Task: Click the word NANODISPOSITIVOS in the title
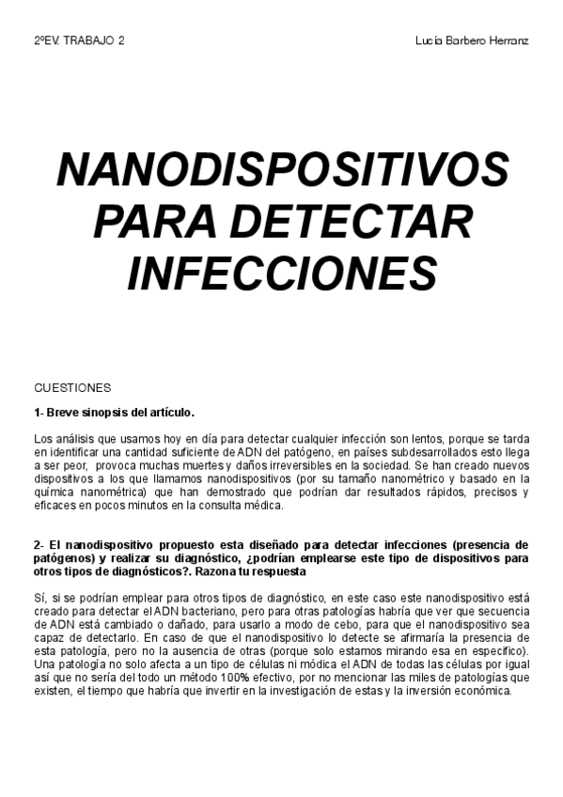(x=283, y=170)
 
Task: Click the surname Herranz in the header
(x=507, y=42)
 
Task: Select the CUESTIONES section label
(x=72, y=387)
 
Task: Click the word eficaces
(x=55, y=505)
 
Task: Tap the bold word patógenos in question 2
(x=61, y=558)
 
